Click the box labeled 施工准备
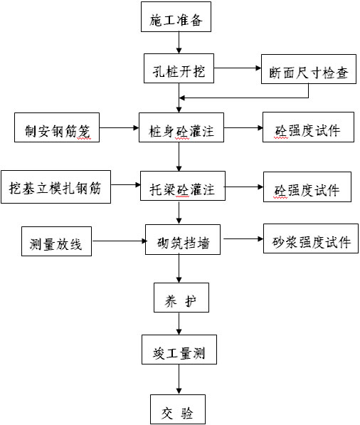click(176, 17)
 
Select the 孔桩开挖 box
click(179, 68)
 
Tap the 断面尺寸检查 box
click(309, 69)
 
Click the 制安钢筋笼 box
click(57, 127)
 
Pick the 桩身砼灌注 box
click(181, 127)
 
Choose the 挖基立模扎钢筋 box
click(55, 187)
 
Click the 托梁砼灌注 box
click(183, 186)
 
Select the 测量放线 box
click(57, 241)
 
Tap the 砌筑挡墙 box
click(183, 240)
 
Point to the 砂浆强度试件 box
click(311, 238)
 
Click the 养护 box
click(181, 298)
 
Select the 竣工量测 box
click(179, 350)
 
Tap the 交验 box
click(178, 409)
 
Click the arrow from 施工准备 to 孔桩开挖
click(179, 43)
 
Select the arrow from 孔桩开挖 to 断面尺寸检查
click(238, 68)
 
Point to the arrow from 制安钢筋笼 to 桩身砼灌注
click(120, 127)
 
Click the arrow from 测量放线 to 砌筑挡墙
click(120, 241)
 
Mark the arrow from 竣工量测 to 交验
click(179, 379)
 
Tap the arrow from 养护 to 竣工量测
click(179, 323)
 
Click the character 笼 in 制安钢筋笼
click(84, 132)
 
